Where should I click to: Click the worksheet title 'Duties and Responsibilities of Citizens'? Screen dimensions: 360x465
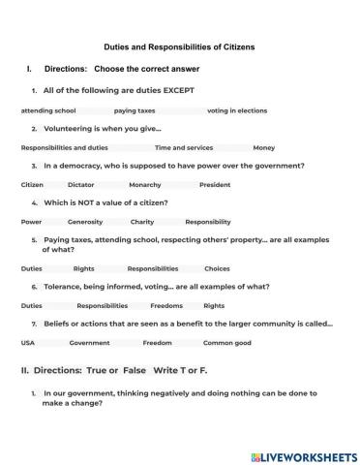pos(178,45)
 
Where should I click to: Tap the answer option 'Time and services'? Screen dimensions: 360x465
pos(184,147)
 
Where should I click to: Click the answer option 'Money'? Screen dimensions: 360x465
pos(264,147)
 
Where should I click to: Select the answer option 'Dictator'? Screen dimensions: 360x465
pos(81,184)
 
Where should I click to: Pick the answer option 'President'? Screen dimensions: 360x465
pos(215,184)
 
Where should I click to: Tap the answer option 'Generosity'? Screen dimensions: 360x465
pos(85,221)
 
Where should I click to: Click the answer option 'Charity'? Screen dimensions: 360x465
pos(143,221)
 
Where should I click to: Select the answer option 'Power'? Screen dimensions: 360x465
pos(31,221)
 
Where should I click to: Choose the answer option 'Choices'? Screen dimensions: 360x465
pos(217,267)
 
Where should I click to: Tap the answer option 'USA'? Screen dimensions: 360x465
pos(28,342)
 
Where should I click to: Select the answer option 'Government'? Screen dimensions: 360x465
pos(90,342)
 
